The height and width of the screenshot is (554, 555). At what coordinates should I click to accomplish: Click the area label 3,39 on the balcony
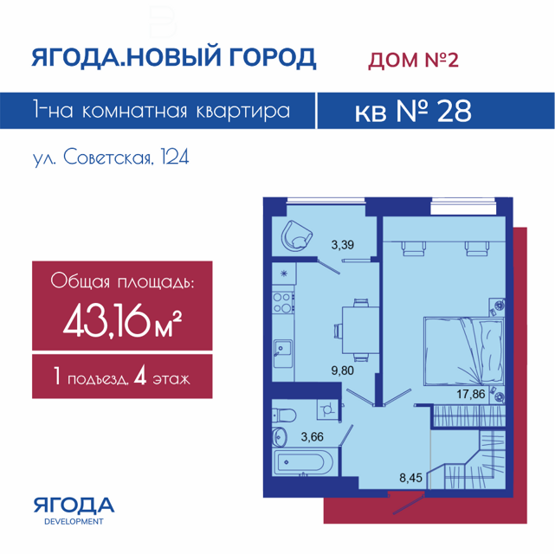click(342, 245)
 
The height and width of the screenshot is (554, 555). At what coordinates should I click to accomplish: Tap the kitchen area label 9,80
click(342, 370)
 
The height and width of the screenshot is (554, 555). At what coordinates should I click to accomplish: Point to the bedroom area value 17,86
click(470, 394)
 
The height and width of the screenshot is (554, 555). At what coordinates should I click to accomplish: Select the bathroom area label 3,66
click(313, 437)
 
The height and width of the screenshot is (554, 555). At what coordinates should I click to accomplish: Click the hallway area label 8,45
click(410, 478)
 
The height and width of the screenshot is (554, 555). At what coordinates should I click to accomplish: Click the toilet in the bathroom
click(284, 415)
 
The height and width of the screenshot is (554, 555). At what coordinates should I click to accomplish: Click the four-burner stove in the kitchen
click(283, 302)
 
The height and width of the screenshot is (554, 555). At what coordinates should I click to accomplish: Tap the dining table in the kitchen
click(357, 330)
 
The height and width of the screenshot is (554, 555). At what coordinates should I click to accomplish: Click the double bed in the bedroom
click(464, 351)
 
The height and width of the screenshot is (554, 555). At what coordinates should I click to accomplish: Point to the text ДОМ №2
click(413, 60)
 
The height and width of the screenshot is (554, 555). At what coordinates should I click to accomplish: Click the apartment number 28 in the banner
click(455, 111)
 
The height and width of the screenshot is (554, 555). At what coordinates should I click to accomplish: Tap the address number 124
click(175, 157)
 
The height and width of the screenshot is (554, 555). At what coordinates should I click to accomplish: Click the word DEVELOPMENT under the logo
click(74, 521)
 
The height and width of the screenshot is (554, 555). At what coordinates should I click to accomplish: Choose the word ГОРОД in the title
click(272, 57)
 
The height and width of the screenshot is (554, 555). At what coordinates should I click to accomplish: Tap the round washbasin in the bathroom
click(279, 436)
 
